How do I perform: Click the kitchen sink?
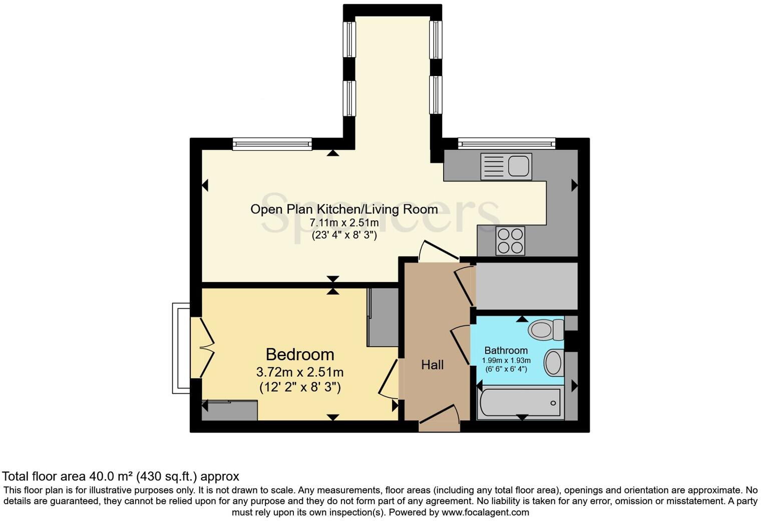pyautogui.click(x=506, y=166)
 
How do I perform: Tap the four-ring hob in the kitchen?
pyautogui.click(x=510, y=240)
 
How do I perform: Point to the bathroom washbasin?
pyautogui.click(x=553, y=363)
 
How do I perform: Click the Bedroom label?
pyautogui.click(x=299, y=355)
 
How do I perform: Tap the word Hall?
pyautogui.click(x=432, y=365)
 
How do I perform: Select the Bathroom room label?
pyautogui.click(x=506, y=351)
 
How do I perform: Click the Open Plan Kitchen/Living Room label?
pyautogui.click(x=344, y=209)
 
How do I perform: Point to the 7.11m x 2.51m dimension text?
pyautogui.click(x=344, y=222)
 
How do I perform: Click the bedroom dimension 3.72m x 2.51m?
pyautogui.click(x=299, y=372)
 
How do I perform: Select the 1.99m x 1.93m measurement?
pyautogui.click(x=506, y=361)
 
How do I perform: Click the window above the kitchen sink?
pyautogui.click(x=506, y=144)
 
